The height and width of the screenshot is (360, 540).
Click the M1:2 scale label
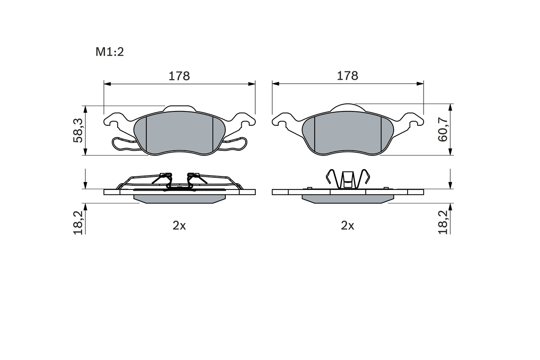[x=110, y=52]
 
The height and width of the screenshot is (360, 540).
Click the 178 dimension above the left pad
[x=179, y=76]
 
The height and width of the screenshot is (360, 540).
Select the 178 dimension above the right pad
[x=347, y=76]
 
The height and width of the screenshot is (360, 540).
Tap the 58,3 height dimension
[x=78, y=130]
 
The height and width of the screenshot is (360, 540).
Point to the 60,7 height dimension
[x=443, y=130]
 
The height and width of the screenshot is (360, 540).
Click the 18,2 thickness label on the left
[x=78, y=222]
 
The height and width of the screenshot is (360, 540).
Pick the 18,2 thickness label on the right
[x=443, y=222]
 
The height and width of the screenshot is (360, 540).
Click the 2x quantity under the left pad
[x=179, y=226]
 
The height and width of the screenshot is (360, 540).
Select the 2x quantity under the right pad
[x=347, y=226]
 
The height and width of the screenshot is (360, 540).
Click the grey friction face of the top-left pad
[x=180, y=133]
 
